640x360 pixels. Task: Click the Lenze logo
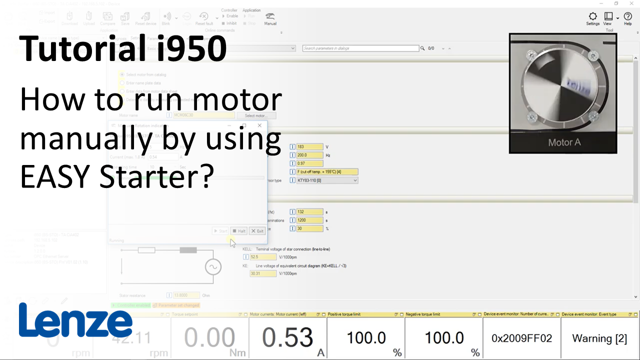click(x=75, y=320)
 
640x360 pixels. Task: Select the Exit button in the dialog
click(x=257, y=231)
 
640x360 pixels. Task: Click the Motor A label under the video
click(x=564, y=142)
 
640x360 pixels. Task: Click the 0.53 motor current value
click(x=287, y=338)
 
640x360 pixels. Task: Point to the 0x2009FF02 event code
click(x=521, y=338)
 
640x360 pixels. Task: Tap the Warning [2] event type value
click(x=599, y=338)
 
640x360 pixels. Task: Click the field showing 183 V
click(x=310, y=147)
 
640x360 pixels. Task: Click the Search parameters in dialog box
click(x=360, y=48)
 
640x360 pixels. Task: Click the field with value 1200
click(x=310, y=220)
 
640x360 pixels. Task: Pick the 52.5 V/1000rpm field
click(x=263, y=257)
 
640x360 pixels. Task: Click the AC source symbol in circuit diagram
click(x=213, y=267)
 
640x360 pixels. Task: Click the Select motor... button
click(x=256, y=115)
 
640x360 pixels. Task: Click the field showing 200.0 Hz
click(x=310, y=155)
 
